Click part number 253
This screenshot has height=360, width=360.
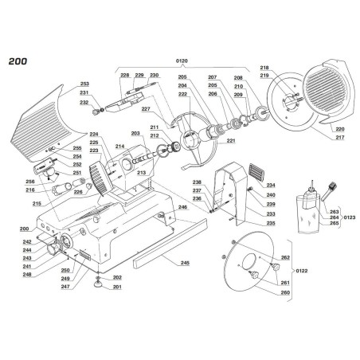tap(84, 83)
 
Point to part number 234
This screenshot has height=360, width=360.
tap(272, 184)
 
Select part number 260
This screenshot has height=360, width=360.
tap(286, 292)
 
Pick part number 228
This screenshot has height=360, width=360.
tap(124, 75)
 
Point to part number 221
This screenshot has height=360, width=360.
tap(232, 141)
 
